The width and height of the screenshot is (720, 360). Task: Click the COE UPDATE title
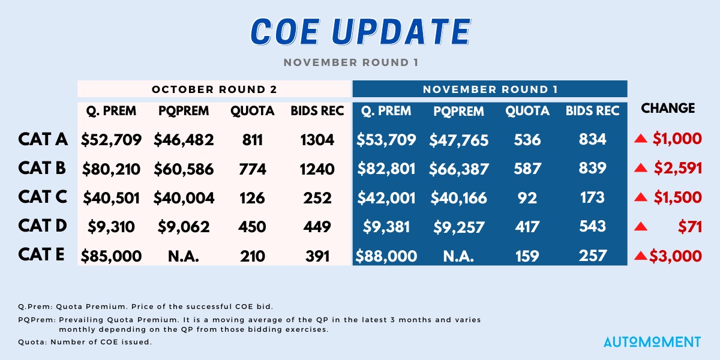(x=361, y=31)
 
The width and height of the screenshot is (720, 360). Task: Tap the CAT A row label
(x=43, y=139)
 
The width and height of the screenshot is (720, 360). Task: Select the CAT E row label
(x=41, y=254)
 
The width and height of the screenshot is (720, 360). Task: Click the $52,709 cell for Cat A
(x=111, y=139)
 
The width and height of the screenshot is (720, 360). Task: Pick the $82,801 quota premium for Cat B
(x=386, y=169)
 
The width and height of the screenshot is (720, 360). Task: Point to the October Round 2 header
(x=214, y=89)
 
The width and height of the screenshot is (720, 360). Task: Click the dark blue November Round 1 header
(x=490, y=89)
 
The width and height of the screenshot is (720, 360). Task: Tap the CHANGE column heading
(x=668, y=109)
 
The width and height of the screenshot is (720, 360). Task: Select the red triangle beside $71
(x=641, y=227)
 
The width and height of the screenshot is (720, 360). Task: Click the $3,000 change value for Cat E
(x=676, y=256)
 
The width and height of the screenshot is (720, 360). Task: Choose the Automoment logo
(x=652, y=342)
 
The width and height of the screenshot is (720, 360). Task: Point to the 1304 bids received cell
(x=317, y=140)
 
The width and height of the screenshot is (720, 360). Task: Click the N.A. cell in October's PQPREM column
(x=184, y=256)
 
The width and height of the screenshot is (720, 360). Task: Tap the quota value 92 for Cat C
(x=527, y=197)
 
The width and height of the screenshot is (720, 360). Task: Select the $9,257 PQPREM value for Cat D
(x=458, y=227)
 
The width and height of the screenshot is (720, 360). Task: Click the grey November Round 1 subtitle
(x=351, y=62)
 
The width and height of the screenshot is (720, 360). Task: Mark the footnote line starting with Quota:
(x=85, y=342)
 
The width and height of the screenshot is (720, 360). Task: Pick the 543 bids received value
(x=592, y=226)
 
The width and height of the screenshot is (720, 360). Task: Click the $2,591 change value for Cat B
(x=678, y=168)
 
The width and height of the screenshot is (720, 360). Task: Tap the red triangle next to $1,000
(x=641, y=139)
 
